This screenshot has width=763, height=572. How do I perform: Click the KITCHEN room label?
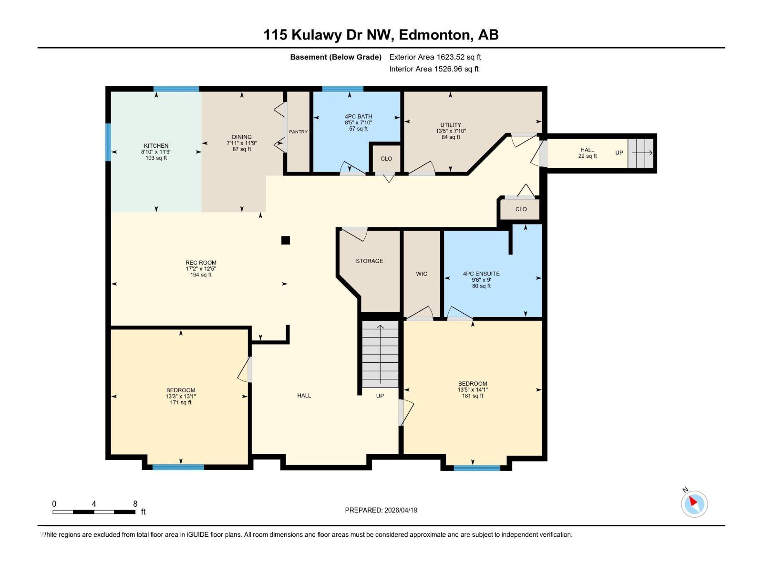point(156,146)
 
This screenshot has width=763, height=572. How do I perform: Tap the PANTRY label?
point(298,132)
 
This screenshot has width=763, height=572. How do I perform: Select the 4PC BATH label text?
point(358,116)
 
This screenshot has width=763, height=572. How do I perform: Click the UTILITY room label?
point(451,125)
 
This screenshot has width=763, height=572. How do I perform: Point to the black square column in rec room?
point(286,240)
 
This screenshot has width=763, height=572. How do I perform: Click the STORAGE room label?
point(369,261)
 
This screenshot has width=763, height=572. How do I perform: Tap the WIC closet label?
point(422,274)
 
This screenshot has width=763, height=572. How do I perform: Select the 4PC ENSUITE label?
point(481,274)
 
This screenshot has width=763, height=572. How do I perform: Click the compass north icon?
point(694,504)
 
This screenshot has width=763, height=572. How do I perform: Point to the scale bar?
point(94,512)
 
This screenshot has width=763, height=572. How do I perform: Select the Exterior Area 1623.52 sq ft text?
point(435,57)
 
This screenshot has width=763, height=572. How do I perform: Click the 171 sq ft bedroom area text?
point(181,403)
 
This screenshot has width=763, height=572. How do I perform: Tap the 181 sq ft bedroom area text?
point(473,396)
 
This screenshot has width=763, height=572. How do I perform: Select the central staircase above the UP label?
point(380,354)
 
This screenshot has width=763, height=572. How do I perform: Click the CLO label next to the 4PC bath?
point(386,159)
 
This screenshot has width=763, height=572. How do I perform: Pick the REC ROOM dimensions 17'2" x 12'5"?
point(201,269)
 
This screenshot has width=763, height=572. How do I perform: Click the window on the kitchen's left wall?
point(108,142)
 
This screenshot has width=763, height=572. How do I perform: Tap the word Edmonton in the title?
point(434,35)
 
